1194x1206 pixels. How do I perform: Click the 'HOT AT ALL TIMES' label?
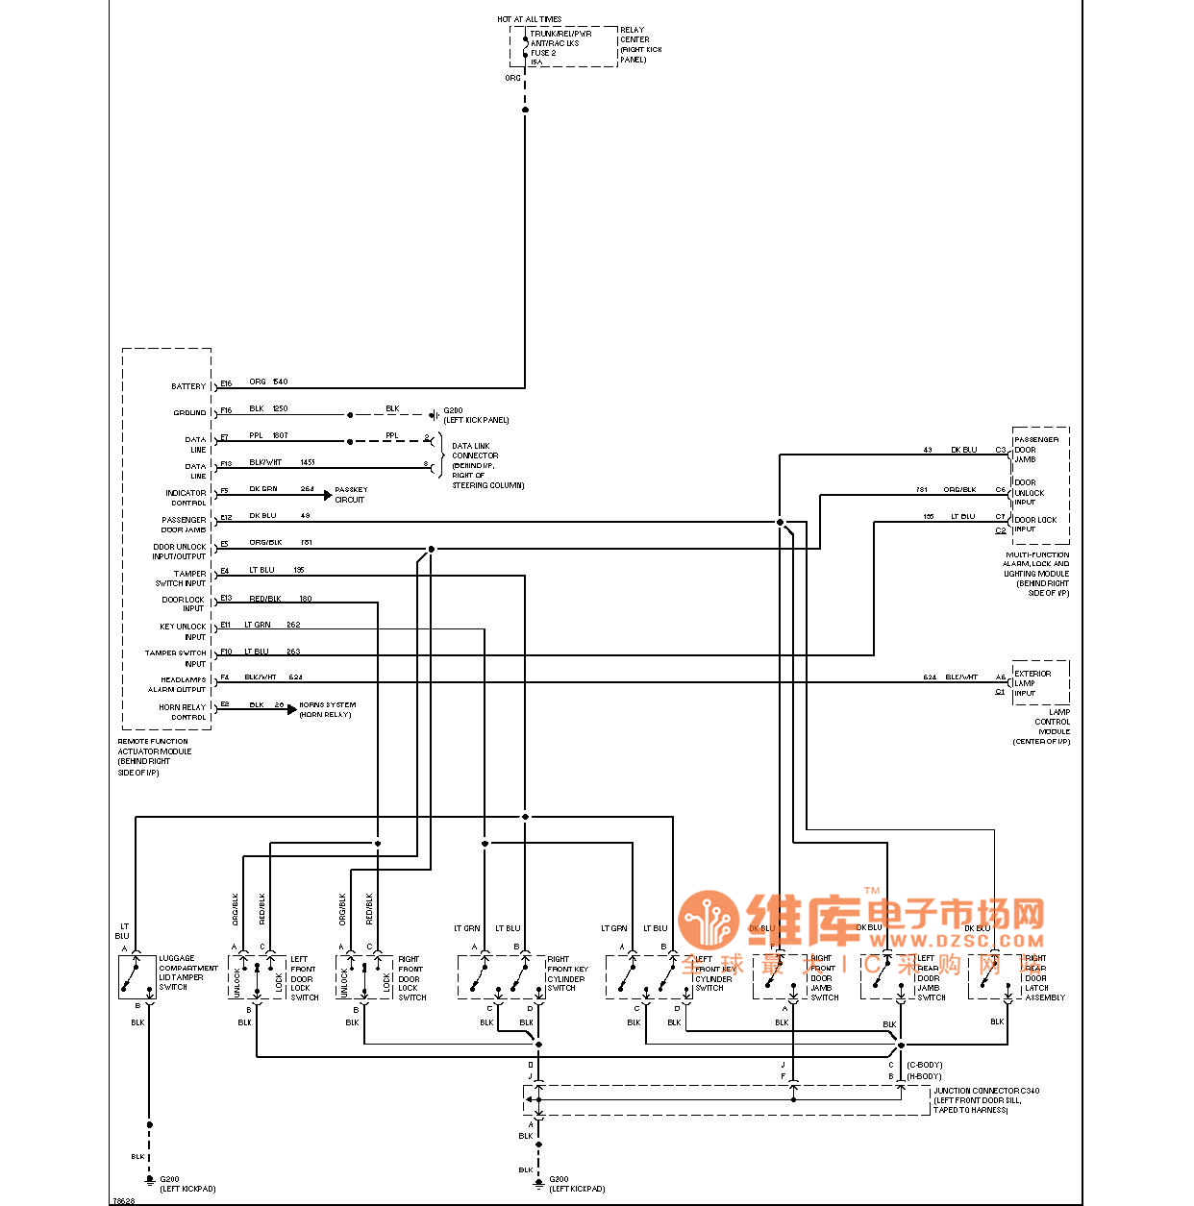tap(529, 19)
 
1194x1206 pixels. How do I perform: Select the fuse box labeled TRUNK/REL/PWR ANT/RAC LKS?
tap(562, 47)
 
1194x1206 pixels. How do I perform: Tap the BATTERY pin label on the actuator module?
tap(188, 386)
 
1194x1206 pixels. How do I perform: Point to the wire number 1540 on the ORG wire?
tap(281, 381)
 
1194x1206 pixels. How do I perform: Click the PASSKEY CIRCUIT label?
tap(351, 494)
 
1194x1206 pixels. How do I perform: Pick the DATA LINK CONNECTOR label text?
tap(486, 465)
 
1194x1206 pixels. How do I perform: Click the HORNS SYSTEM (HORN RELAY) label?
tap(327, 709)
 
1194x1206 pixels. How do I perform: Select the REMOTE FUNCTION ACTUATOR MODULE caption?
tap(154, 756)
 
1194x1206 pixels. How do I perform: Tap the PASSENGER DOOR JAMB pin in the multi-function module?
tap(1035, 449)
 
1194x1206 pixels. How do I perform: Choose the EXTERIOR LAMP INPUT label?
tap(1032, 682)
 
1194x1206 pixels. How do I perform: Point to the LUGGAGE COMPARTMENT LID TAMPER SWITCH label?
tap(187, 972)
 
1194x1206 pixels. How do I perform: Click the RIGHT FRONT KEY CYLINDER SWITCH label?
tap(567, 973)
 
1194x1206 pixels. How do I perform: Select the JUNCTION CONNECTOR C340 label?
tap(985, 1100)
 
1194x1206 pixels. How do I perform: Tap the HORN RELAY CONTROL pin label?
tap(183, 712)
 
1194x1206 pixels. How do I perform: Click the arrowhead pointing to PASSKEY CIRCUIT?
tap(328, 496)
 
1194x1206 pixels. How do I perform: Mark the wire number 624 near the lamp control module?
tap(930, 677)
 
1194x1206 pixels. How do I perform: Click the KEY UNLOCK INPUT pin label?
tap(183, 631)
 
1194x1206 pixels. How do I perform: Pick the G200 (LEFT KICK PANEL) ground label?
tap(476, 415)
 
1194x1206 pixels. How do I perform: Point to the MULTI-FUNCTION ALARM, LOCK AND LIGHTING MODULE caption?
tap(1036, 574)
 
